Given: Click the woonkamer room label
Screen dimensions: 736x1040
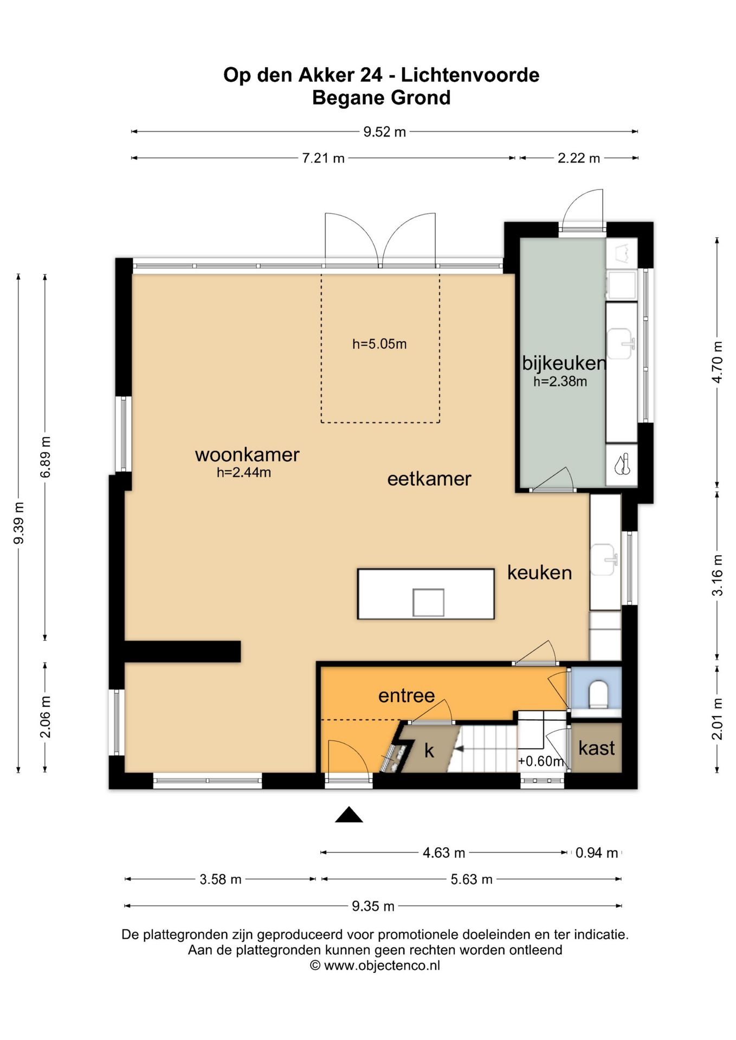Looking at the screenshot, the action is coord(247,455).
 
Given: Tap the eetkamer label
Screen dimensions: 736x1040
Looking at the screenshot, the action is coord(429,479).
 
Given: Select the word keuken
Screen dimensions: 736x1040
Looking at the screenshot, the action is coord(539,573).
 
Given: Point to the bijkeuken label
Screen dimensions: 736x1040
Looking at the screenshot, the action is coord(564,363).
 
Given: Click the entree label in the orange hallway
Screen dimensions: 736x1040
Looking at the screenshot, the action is coord(406,695).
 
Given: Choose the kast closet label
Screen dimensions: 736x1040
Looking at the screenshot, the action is coord(597,748).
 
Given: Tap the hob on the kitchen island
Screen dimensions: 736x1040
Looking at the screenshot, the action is coord(428,602).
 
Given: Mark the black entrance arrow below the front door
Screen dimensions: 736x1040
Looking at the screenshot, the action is coord(348,815).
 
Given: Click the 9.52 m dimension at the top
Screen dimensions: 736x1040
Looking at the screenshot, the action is coord(384,132).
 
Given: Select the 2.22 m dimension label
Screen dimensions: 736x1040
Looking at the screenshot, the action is coord(579,158).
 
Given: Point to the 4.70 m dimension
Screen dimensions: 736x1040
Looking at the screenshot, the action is coord(718,362).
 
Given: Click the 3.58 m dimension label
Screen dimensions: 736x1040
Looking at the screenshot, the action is coord(221,879).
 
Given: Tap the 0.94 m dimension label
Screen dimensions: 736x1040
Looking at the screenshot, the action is coord(597,853).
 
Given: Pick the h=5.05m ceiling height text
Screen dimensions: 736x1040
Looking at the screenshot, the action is coord(379,344).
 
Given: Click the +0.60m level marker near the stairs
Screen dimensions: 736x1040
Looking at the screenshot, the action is coord(541,761).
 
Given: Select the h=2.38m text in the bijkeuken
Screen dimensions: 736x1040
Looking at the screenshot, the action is coord(560,381).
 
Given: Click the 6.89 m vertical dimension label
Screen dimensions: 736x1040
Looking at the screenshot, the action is coord(46,457).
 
